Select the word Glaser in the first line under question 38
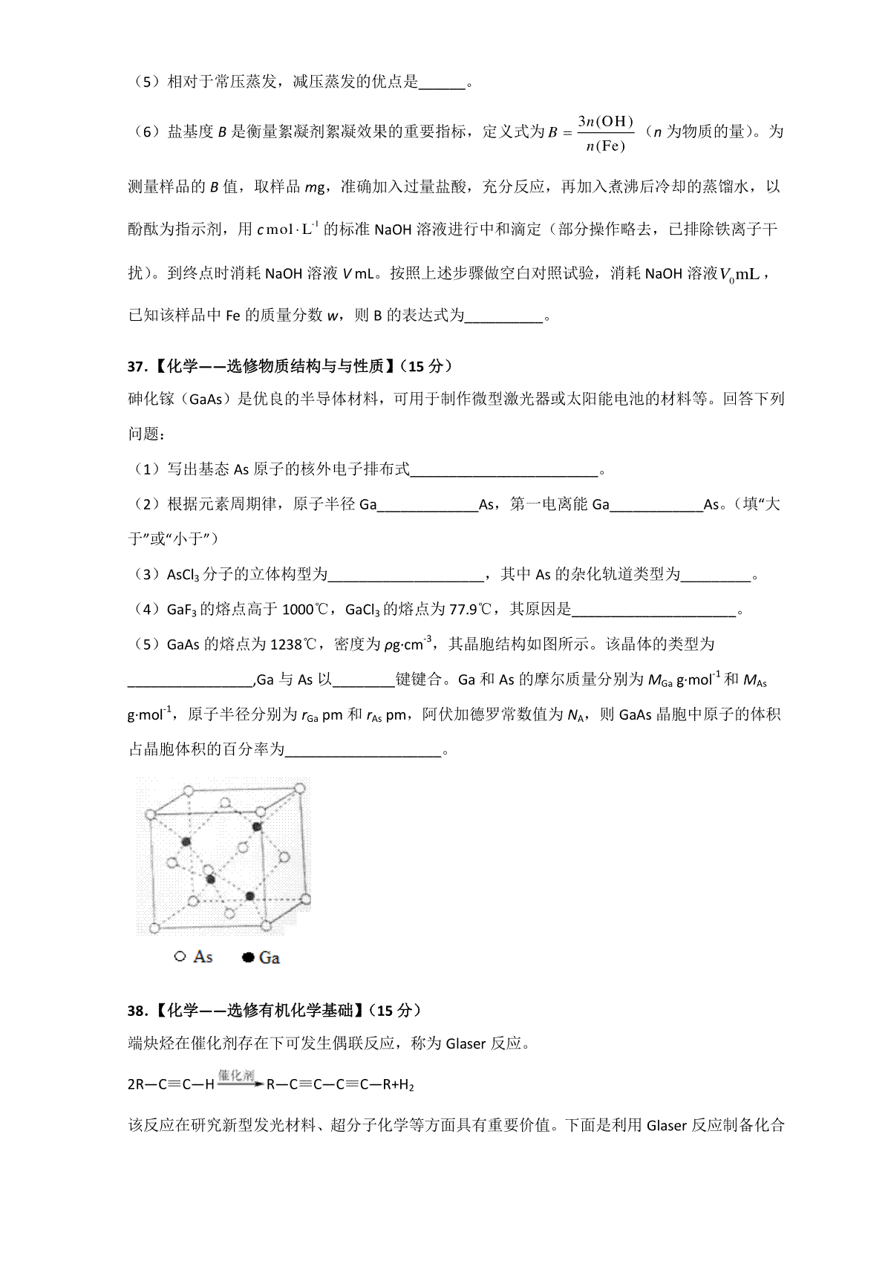click(x=466, y=1044)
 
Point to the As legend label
click(x=203, y=957)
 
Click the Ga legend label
click(x=269, y=958)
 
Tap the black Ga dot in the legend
click(x=249, y=958)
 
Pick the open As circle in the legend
click(x=180, y=957)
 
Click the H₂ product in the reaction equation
click(x=405, y=1085)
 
